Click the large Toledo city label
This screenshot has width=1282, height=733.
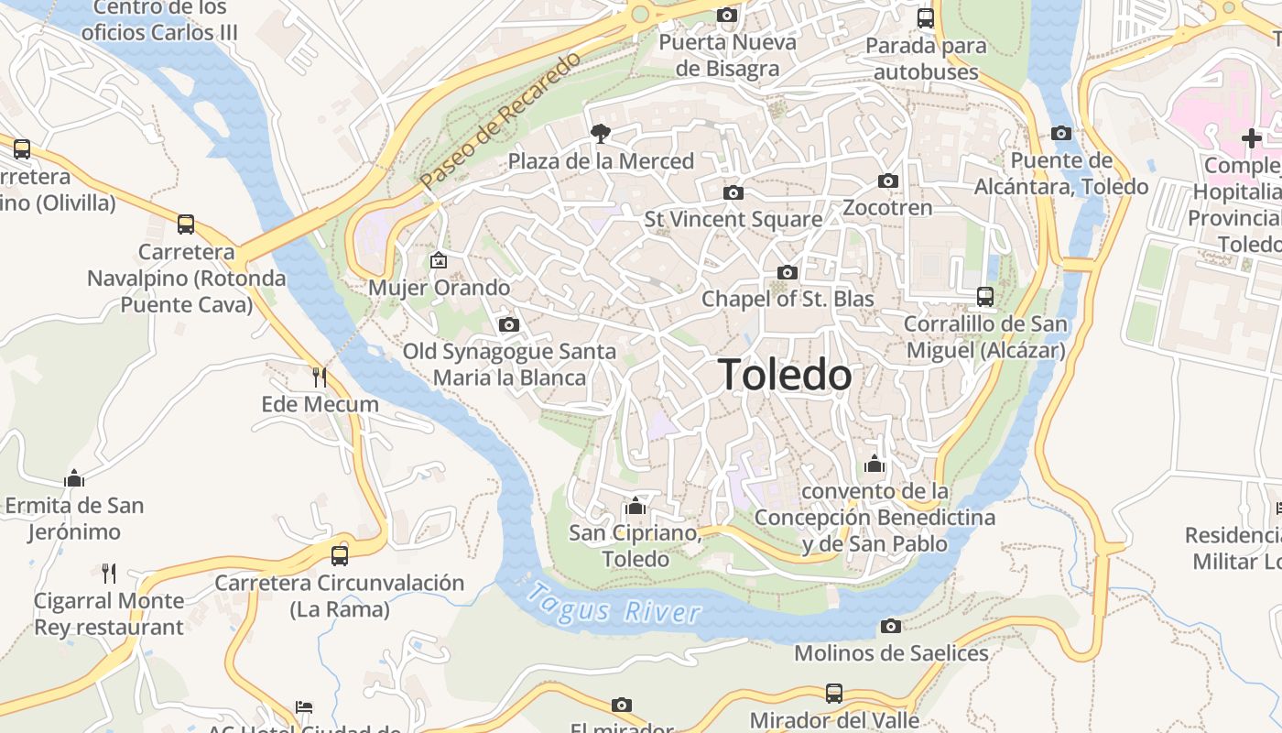tap(786, 375)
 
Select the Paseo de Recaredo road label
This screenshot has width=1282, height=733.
tap(501, 122)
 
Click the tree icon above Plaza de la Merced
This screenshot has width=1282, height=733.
tap(601, 135)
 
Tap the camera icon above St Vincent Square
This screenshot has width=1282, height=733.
tap(733, 192)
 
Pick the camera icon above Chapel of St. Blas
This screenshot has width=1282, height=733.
tap(787, 272)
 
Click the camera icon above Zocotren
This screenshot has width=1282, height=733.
tap(887, 181)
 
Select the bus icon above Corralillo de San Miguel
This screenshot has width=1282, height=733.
tap(985, 297)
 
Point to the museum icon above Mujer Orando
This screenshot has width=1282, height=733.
tap(439, 260)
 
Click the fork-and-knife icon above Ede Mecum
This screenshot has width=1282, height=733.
tap(320, 377)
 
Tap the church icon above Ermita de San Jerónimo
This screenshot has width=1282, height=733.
tap(74, 478)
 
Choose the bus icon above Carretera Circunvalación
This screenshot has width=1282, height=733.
tap(339, 555)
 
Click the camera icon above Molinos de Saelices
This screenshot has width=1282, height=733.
tap(890, 626)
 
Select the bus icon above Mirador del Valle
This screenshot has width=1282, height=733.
tap(833, 693)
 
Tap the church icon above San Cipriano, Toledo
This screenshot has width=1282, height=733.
tap(635, 506)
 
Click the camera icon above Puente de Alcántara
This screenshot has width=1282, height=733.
tap(1060, 133)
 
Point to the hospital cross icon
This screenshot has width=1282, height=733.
tap(1251, 138)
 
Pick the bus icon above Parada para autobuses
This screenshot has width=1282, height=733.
tap(926, 17)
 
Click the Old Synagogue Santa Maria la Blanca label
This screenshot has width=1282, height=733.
tap(509, 364)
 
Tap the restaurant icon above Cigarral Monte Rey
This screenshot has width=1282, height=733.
tap(109, 574)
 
